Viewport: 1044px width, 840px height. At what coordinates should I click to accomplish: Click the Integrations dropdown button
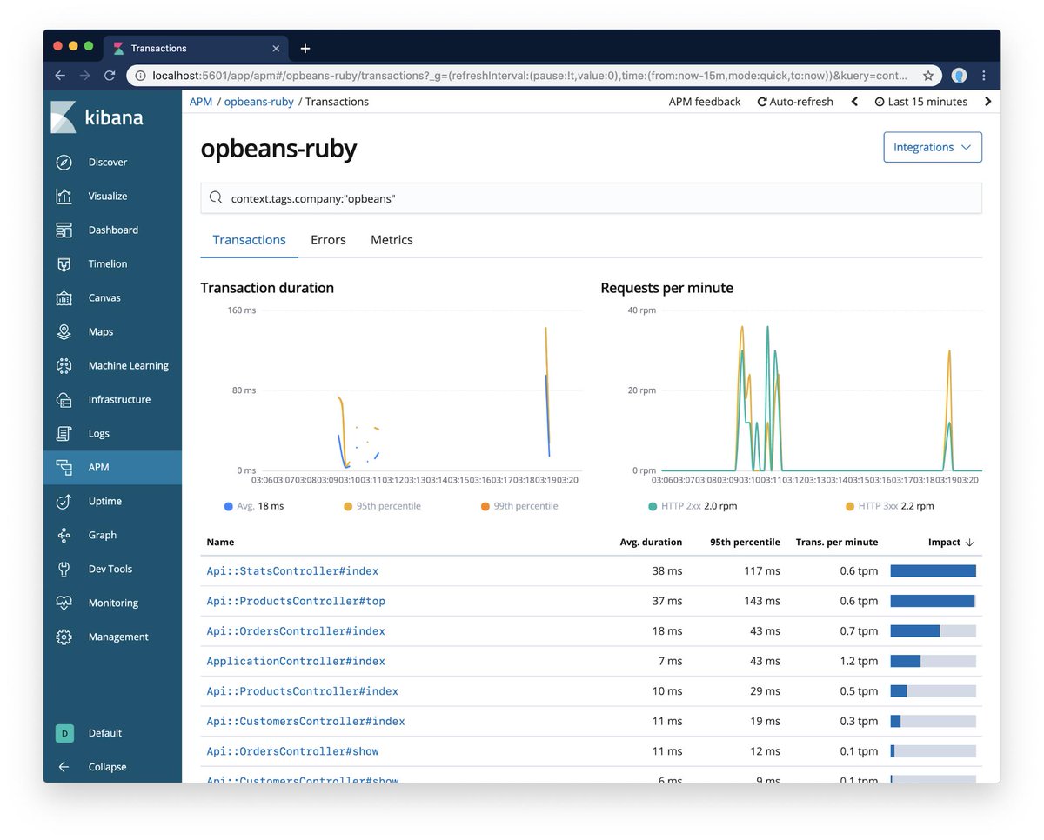click(932, 147)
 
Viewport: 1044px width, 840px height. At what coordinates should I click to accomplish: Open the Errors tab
click(328, 240)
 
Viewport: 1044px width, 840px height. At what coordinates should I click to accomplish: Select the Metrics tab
click(391, 240)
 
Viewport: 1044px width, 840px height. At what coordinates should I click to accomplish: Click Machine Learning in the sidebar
click(128, 366)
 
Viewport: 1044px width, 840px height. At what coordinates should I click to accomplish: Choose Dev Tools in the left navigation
click(110, 569)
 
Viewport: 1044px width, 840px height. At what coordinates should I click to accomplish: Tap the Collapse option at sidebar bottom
click(106, 767)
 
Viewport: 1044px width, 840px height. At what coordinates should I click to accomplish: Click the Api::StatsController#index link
click(292, 571)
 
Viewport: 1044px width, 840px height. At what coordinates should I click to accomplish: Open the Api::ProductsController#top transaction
click(296, 601)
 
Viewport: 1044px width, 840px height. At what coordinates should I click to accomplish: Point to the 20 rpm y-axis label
click(642, 390)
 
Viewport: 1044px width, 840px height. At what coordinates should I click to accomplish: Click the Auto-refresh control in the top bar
click(795, 102)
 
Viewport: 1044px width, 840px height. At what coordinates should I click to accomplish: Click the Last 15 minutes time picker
click(920, 102)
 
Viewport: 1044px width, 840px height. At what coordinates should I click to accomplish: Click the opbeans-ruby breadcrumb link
click(258, 102)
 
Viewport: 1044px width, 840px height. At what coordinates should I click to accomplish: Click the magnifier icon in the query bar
click(216, 198)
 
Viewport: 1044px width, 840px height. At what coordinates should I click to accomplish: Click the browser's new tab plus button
click(305, 49)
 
